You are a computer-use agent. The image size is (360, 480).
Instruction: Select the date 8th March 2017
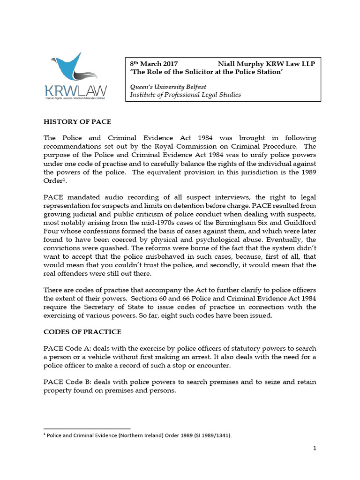pyautogui.click(x=153, y=64)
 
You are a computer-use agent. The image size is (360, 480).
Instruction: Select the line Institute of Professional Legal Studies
pyautogui.click(x=185, y=95)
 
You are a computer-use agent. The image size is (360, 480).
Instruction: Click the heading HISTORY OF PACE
pyautogui.click(x=77, y=122)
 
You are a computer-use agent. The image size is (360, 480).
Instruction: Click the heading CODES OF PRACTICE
pyautogui.click(x=82, y=332)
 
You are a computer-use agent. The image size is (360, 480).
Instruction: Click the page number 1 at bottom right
pyautogui.click(x=315, y=448)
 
